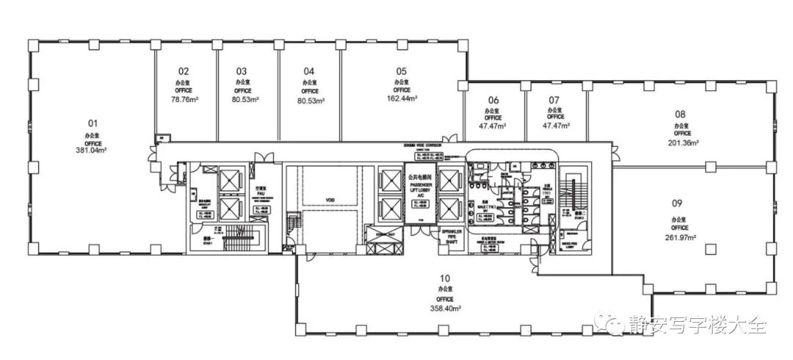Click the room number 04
pos(309,71)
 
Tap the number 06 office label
pos(493,100)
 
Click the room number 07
pos(554,99)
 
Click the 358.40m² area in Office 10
pos(445,309)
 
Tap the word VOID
pos(330,199)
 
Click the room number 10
pos(445,278)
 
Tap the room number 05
pos(402,71)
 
